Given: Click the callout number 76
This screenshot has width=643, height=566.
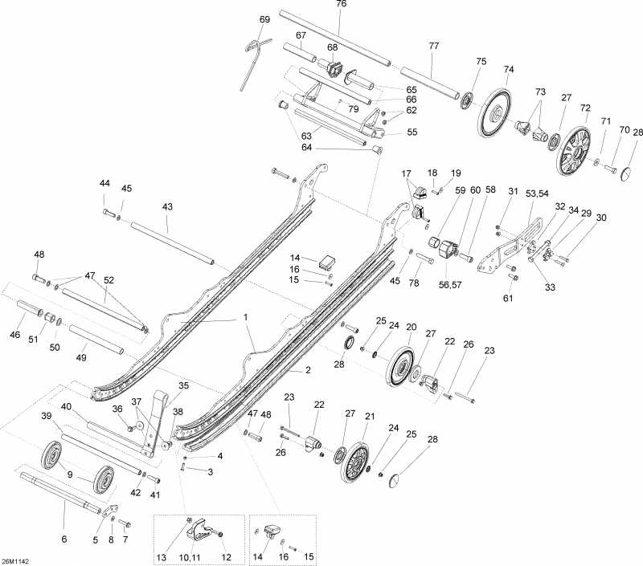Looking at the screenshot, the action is (341, 4).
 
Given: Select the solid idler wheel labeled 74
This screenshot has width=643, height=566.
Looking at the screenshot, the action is (495, 112).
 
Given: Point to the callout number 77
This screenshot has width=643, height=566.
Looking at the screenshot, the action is (434, 46).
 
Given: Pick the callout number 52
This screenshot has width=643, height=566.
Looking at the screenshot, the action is (109, 280).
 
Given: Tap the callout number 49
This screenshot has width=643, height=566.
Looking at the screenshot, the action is (81, 357).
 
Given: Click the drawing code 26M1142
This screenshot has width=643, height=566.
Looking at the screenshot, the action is (12, 560).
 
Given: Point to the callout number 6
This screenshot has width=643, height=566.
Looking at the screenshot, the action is (64, 539).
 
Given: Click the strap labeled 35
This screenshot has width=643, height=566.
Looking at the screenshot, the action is (154, 424).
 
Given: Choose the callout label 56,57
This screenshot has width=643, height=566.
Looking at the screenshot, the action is (450, 285).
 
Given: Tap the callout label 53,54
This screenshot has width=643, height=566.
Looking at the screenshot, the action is (537, 193).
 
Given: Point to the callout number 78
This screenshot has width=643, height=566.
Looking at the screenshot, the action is (414, 283).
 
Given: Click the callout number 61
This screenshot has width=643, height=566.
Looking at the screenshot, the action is (508, 298).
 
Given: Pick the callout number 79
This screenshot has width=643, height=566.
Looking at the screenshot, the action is (353, 109).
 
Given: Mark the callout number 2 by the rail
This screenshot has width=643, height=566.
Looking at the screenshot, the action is (308, 370).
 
